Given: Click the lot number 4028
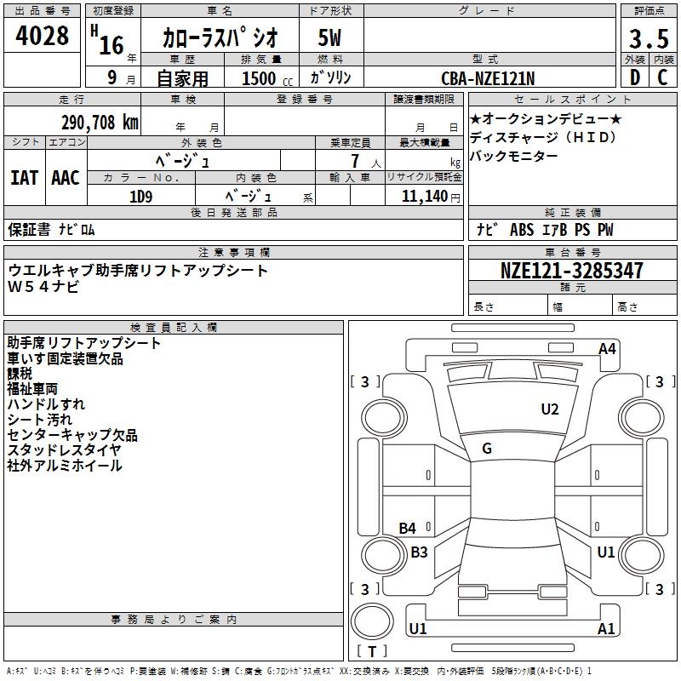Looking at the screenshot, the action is [43, 37].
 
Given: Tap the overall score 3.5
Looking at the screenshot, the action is [648, 38].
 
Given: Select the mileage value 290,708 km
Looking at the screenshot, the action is [100, 123].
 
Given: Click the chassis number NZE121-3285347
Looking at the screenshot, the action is [571, 272].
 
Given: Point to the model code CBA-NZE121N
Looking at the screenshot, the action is [488, 78].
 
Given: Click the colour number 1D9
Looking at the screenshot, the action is [140, 196].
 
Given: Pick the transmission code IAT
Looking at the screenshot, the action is [24, 178].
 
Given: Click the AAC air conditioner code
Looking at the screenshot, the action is [65, 178].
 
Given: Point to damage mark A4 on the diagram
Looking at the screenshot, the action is [607, 348].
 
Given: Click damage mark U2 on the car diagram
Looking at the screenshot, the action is [550, 409].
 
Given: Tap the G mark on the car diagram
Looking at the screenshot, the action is [487, 449].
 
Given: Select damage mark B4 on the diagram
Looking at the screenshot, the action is [408, 529].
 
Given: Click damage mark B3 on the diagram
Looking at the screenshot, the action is [419, 552].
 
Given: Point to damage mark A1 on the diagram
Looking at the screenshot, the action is [605, 629].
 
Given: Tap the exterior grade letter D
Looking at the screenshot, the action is [634, 78].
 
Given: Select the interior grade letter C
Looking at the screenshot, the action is [662, 78].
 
